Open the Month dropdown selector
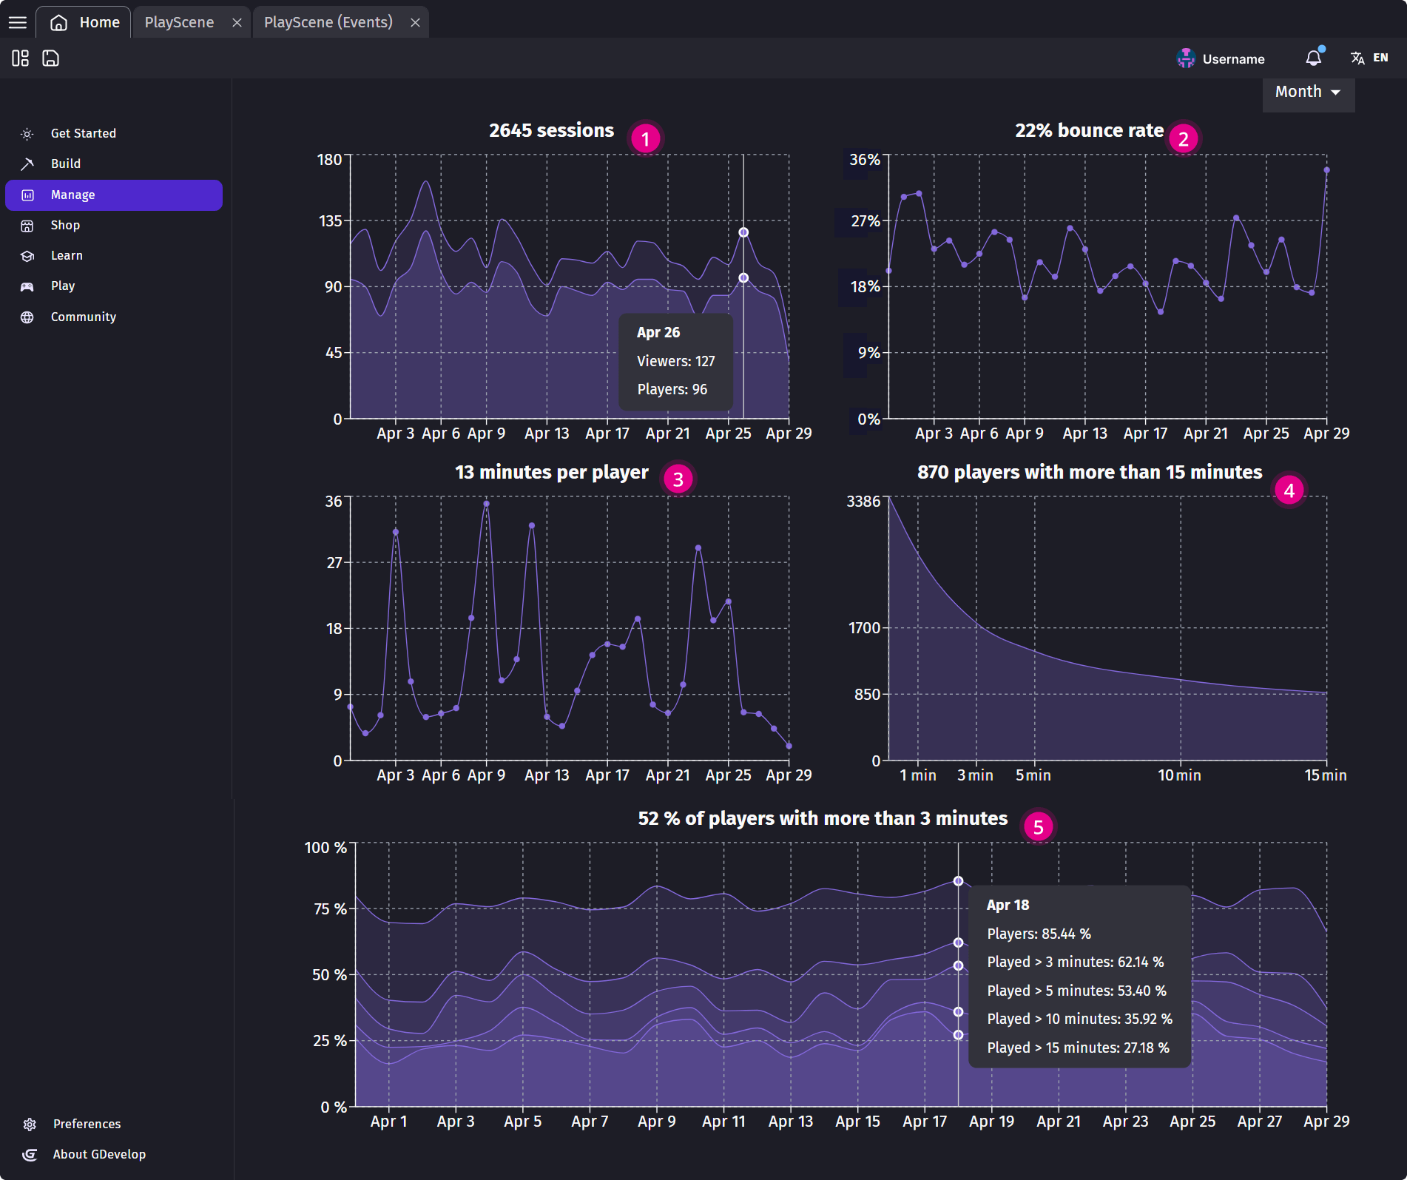(1307, 92)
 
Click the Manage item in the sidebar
(113, 195)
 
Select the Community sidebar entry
(83, 317)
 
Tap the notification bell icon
(1313, 58)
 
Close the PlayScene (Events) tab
(415, 22)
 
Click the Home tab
(85, 22)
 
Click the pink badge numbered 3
(678, 479)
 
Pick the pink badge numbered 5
(1038, 827)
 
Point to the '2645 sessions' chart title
(551, 130)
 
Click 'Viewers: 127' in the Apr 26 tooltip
(675, 361)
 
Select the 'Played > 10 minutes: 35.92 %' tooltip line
(1079, 1019)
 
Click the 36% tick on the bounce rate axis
(864, 160)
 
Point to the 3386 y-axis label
(863, 502)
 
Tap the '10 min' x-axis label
(1179, 775)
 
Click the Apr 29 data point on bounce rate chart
(1326, 170)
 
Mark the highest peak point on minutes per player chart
(486, 504)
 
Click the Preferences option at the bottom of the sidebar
(87, 1124)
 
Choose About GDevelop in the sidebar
(99, 1154)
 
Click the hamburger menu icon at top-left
(18, 22)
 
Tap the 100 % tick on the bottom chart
(325, 848)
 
